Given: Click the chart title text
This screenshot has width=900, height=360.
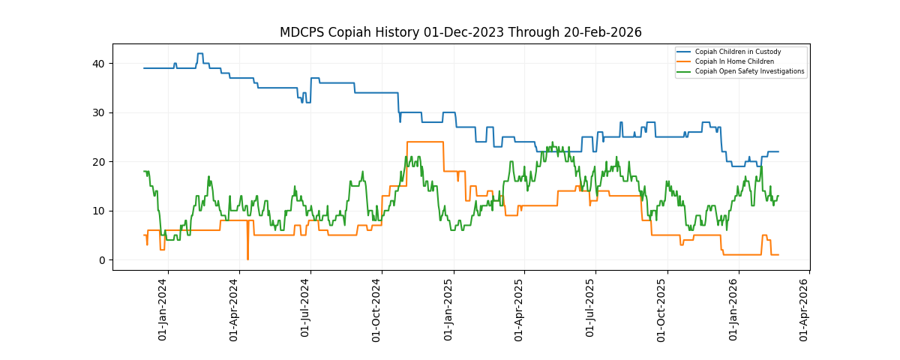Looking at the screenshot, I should pyautogui.click(x=460, y=32).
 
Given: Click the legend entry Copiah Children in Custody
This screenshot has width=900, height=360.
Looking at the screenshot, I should pyautogui.click(x=737, y=52).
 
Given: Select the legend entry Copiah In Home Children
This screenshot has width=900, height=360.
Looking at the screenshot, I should pyautogui.click(x=734, y=61).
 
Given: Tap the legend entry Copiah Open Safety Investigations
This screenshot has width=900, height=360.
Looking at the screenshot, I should pyautogui.click(x=749, y=71).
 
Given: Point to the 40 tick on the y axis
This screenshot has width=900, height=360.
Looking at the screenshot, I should pyautogui.click(x=103, y=63).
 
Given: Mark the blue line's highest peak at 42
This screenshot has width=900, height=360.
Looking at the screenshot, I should pyautogui.click(x=199, y=54).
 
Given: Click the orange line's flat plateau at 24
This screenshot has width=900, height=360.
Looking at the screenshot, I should pyautogui.click(x=424, y=142).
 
